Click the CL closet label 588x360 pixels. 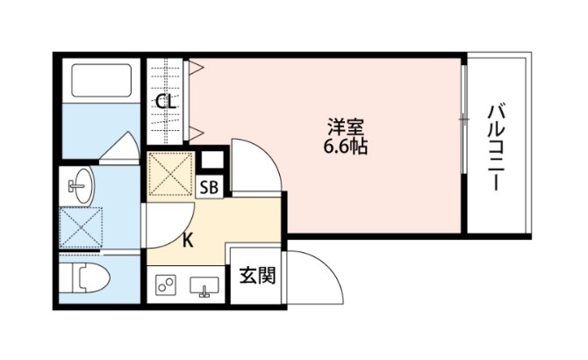pyautogui.click(x=165, y=103)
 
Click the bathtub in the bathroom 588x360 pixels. pyautogui.click(x=98, y=82)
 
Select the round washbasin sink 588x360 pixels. pyautogui.click(x=82, y=184)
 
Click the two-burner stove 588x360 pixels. pyautogui.click(x=166, y=285)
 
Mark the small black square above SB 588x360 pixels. pyautogui.click(x=211, y=162)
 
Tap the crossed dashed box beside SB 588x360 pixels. pyautogui.click(x=169, y=173)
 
